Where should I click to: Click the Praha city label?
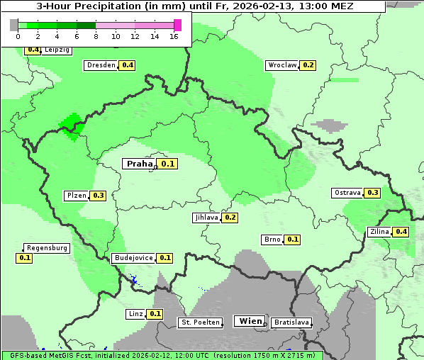click(x=140, y=164)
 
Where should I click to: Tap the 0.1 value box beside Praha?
click(x=168, y=164)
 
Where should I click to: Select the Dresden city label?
click(x=101, y=65)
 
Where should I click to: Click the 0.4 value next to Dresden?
click(x=128, y=65)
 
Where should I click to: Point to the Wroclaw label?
click(x=281, y=65)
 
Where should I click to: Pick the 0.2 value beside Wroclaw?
click(x=308, y=65)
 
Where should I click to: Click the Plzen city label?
click(x=76, y=196)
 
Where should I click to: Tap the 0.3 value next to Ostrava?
click(x=373, y=193)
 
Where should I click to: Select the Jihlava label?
click(x=206, y=218)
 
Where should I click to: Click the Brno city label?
click(x=272, y=240)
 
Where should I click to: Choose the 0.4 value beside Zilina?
click(x=401, y=232)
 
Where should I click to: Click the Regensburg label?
click(x=47, y=248)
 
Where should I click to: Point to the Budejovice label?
click(x=133, y=258)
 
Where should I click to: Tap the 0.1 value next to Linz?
click(x=155, y=314)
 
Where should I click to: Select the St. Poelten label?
click(x=199, y=322)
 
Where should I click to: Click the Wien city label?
click(x=251, y=321)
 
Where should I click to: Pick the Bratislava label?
click(x=291, y=322)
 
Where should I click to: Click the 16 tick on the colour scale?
click(x=174, y=35)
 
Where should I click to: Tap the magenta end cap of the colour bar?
click(x=177, y=25)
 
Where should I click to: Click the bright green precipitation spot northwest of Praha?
click(x=70, y=125)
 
